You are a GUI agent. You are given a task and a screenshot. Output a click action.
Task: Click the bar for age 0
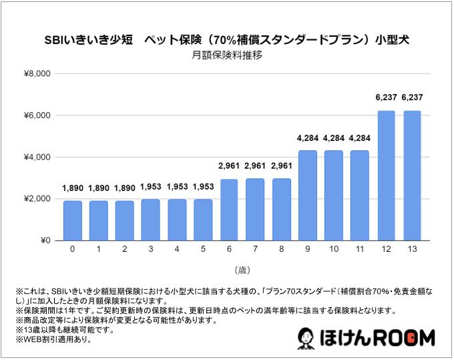[73, 220]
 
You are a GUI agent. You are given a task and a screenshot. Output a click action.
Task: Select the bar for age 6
[230, 209]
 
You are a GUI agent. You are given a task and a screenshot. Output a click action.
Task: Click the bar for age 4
[177, 220]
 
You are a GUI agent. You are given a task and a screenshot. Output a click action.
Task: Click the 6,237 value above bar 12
[387, 98]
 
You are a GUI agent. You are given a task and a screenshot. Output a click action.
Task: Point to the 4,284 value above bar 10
[334, 139]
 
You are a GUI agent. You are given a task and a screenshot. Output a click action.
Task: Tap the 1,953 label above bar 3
[151, 188]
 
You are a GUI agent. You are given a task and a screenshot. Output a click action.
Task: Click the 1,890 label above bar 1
[99, 189]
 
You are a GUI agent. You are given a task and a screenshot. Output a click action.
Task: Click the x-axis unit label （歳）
[242, 270]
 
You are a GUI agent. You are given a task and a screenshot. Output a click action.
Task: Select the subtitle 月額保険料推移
[227, 56]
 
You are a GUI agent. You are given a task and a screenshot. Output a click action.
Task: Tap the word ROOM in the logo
[405, 338]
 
